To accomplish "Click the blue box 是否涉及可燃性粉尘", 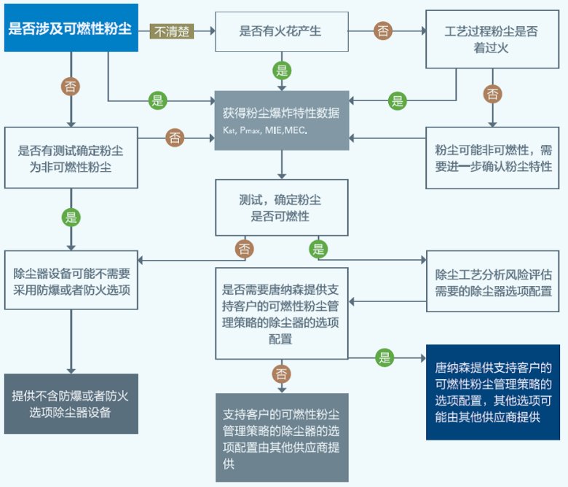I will [71, 30].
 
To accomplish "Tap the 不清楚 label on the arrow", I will [172, 31].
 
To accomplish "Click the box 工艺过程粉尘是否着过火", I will [493, 39].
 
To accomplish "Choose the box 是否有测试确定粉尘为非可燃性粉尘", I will [71, 159].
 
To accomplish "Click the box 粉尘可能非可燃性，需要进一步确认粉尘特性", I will [493, 158].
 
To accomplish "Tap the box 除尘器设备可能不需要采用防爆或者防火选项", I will [71, 282].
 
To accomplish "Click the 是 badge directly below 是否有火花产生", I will [281, 71].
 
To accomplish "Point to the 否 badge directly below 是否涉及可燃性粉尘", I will [71, 87].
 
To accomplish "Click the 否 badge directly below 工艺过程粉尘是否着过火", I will [493, 93].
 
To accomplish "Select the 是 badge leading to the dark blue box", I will [384, 357].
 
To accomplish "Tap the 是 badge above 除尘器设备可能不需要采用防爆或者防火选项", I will [71, 217].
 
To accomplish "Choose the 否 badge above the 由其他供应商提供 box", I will [281, 374].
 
